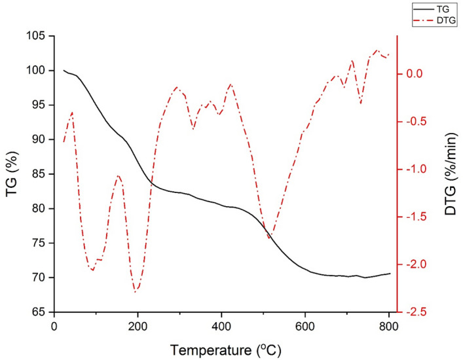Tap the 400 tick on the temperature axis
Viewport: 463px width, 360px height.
(x=221, y=325)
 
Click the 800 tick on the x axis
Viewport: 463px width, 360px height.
(x=388, y=325)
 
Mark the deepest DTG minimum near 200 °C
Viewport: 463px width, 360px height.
(x=136, y=291)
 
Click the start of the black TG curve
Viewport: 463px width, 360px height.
(x=64, y=70)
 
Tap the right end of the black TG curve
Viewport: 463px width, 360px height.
(x=390, y=274)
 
